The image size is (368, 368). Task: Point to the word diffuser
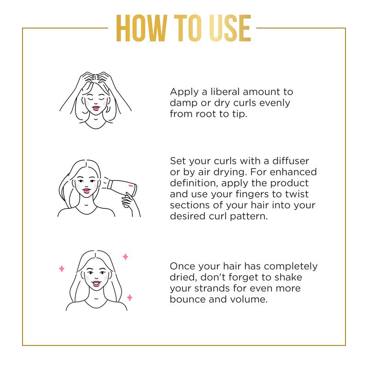291,161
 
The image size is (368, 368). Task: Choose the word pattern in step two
249,216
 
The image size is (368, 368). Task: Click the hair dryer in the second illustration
122,187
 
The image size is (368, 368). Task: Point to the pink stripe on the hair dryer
131,186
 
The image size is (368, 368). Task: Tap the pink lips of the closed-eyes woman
96,108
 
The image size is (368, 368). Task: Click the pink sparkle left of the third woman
62,269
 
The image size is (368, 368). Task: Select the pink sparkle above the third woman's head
126,257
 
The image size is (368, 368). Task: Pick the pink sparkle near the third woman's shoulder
130,298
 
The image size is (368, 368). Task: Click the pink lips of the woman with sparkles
96,283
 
